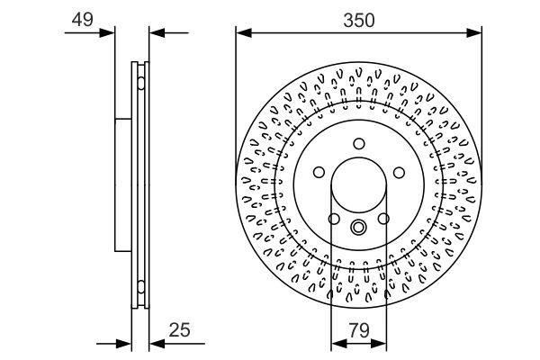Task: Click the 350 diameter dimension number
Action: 358,17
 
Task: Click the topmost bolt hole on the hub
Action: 358,143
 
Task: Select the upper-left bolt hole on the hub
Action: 319,172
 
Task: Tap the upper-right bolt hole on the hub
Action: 398,172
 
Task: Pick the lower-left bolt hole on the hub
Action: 334,219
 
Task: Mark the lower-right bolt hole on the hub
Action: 382,219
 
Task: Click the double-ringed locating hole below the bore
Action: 358,227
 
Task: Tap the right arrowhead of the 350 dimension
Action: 476,33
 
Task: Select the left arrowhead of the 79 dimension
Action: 337,343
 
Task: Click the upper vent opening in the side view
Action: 140,85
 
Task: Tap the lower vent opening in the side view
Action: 140,288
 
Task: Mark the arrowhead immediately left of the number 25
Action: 155,343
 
